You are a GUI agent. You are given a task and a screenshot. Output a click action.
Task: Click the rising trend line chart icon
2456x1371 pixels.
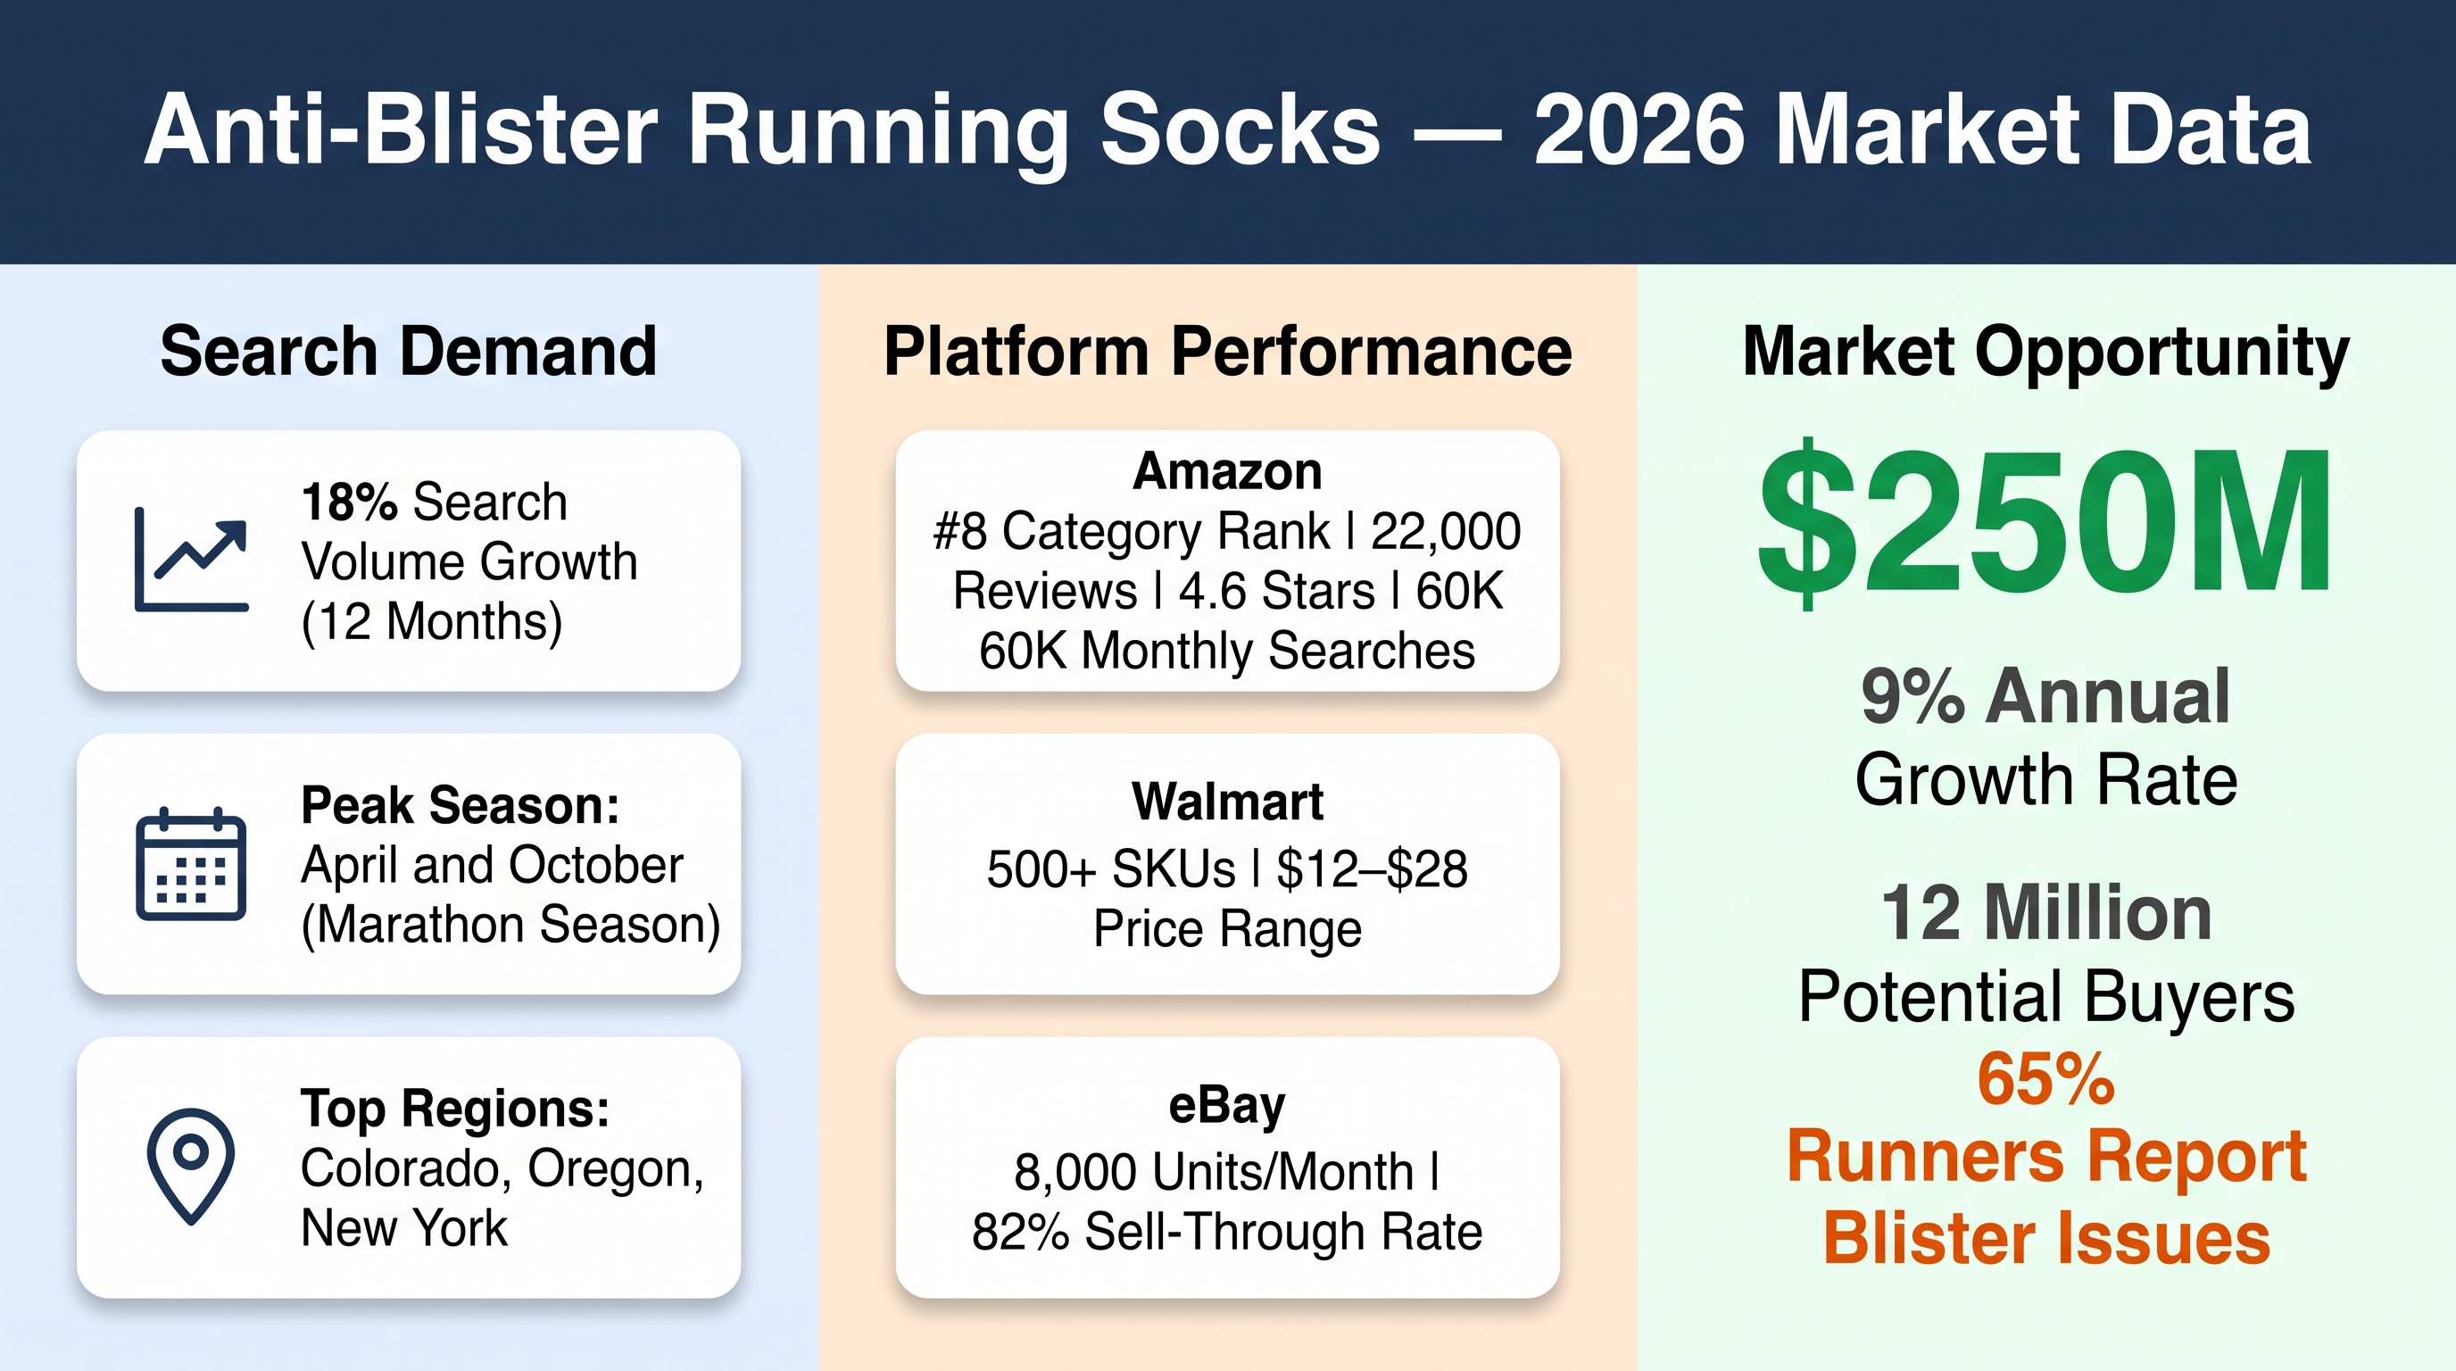[192, 560]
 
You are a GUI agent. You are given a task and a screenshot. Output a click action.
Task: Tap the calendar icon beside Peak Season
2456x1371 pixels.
[191, 864]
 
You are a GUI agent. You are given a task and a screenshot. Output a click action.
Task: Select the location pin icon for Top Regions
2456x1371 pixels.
[191, 1165]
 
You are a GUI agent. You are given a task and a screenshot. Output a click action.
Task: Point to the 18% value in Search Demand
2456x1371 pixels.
[349, 502]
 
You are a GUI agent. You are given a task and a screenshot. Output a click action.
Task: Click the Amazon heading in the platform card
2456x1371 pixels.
[1227, 471]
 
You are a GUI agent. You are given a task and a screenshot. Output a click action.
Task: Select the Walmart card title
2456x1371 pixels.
[1227, 801]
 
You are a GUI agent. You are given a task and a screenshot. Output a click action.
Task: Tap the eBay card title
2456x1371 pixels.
[1227, 1106]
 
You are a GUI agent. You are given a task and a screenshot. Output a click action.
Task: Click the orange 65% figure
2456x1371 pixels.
[2046, 1079]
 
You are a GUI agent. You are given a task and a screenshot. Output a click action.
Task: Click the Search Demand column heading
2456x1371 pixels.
[408, 352]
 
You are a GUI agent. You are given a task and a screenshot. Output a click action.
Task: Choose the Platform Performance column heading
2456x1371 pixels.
[1228, 352]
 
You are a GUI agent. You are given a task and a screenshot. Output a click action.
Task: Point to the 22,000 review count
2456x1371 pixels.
[1446, 532]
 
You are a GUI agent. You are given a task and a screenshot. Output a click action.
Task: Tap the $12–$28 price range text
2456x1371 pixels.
[1372, 868]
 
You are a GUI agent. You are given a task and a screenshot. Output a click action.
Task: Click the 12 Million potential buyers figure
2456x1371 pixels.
[2046, 912]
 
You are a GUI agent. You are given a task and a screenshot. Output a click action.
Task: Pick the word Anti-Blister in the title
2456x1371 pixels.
[402, 129]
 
